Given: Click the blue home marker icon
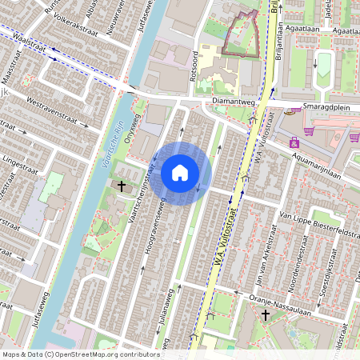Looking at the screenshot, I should coord(180,172).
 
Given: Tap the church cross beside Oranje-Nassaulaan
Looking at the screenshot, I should coord(265,315).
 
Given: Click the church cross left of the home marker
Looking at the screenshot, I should coord(122,186).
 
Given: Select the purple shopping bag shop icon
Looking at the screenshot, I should coord(294,143).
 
